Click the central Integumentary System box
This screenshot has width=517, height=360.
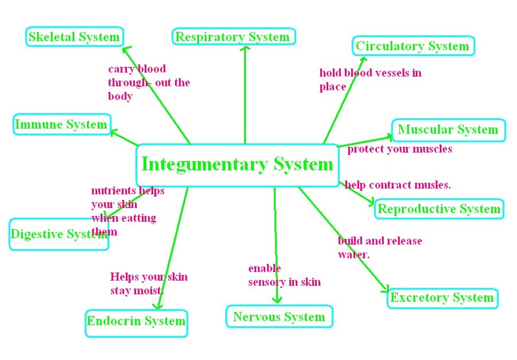tap(237, 165)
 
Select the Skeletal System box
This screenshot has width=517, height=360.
tap(74, 38)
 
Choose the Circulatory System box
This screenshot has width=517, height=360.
tap(412, 46)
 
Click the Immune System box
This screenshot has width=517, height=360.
tap(61, 125)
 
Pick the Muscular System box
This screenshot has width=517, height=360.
tap(448, 130)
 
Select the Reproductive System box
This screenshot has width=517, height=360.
tap(439, 209)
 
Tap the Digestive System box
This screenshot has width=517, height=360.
tap(59, 234)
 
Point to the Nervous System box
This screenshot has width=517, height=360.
tap(279, 317)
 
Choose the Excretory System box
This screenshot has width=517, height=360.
tap(442, 298)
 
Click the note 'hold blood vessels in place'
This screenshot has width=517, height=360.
tap(370, 80)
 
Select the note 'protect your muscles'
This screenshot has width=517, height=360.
tap(400, 149)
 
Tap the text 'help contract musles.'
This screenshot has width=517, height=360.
tap(398, 185)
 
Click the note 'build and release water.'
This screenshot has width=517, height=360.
tap(380, 247)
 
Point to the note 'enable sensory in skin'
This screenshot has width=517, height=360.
tap(284, 275)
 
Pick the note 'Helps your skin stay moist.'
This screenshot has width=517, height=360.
tap(149, 283)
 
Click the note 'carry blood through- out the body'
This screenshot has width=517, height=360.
tap(149, 82)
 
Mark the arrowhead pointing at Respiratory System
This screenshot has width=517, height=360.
tap(245, 49)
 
